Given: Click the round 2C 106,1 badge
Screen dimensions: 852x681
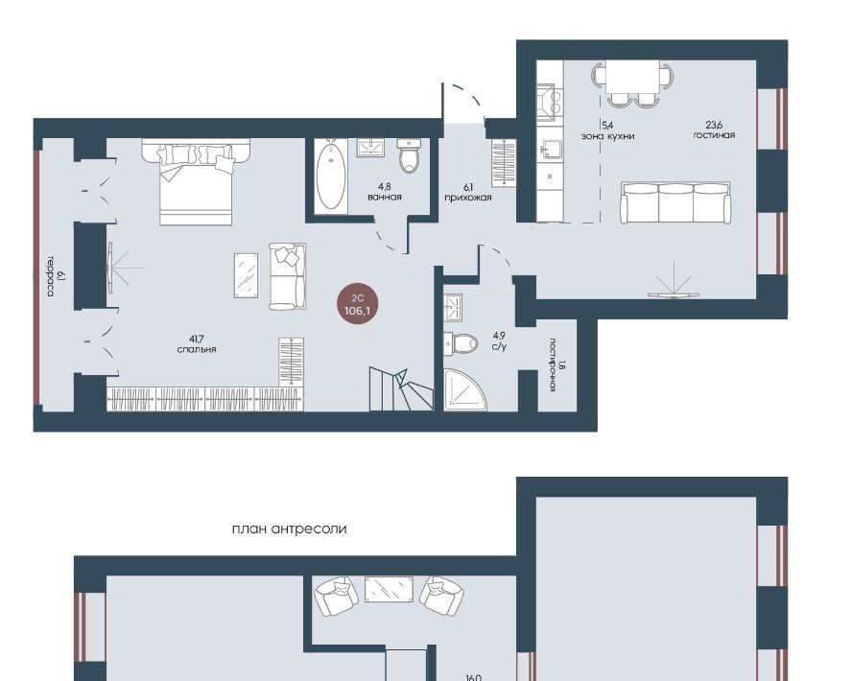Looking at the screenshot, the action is (x=357, y=306).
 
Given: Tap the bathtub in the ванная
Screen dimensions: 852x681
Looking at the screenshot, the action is (x=331, y=176).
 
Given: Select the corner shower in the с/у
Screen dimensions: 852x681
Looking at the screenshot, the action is (x=464, y=389).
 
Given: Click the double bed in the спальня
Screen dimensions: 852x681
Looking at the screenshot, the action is (x=196, y=182).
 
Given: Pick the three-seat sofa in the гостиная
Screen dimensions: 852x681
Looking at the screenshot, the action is (x=676, y=203).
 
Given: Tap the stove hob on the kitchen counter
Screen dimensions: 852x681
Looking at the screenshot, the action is (x=546, y=102).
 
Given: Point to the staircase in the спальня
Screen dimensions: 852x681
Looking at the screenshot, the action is (x=401, y=388).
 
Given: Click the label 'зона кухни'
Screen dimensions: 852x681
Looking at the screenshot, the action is (x=608, y=136).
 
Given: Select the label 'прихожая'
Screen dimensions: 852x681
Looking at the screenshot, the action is (x=468, y=198).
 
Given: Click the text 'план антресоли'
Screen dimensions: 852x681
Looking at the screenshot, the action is (x=289, y=528).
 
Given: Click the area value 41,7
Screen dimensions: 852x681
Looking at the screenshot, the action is (x=197, y=340).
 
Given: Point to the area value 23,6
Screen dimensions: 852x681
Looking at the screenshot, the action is (x=715, y=126).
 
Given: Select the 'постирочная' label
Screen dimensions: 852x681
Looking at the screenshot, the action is (x=552, y=364).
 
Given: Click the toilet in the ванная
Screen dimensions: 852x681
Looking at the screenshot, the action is (x=409, y=155).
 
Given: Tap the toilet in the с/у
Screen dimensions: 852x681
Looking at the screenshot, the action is (x=461, y=342).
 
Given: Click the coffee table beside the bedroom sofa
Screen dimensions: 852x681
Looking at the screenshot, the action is (x=247, y=275).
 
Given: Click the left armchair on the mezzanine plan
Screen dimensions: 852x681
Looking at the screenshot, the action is (x=337, y=596).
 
